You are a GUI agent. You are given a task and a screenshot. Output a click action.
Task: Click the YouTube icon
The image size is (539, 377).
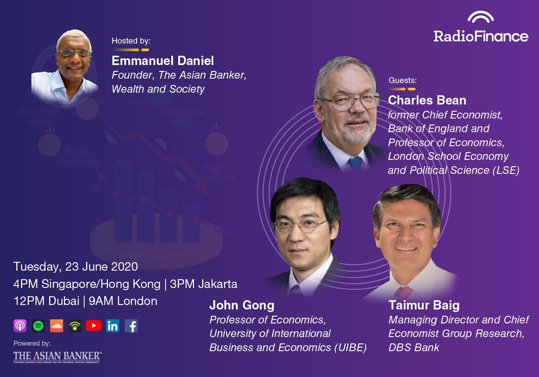[94, 326]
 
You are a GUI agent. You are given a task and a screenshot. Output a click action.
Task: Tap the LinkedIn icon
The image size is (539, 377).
[113, 326]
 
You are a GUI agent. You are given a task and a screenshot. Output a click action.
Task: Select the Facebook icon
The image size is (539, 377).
[131, 326]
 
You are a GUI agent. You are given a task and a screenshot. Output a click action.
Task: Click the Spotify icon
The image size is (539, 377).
[38, 326]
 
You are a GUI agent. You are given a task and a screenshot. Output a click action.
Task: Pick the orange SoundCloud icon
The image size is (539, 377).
[57, 326]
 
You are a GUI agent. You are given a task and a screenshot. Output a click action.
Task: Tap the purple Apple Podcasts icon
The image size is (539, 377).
[20, 326]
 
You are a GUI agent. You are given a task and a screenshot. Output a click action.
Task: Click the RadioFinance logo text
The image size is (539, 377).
[481, 37]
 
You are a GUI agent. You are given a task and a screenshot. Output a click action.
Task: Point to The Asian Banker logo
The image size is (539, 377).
[58, 357]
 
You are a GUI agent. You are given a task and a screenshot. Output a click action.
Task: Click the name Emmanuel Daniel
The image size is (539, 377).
[163, 61]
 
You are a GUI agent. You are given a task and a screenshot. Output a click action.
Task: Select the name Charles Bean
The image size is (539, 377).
[427, 100]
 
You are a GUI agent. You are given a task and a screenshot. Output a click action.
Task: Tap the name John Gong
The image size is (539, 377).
[242, 305]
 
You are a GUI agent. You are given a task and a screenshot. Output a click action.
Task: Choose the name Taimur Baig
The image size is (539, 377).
[424, 305]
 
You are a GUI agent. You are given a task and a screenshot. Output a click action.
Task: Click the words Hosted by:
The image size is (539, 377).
[131, 41]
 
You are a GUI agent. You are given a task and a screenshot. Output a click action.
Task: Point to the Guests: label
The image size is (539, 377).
[403, 80]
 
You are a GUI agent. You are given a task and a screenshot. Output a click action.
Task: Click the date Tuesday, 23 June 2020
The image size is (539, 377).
[75, 267]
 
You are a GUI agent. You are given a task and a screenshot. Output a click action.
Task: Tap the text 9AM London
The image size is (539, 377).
[123, 301]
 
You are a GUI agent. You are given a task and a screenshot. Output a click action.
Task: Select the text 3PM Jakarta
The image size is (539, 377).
[204, 284]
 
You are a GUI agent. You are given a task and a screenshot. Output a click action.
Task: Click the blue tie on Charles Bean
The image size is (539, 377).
[355, 163]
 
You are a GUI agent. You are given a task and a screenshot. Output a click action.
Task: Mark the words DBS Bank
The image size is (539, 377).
[414, 347]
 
